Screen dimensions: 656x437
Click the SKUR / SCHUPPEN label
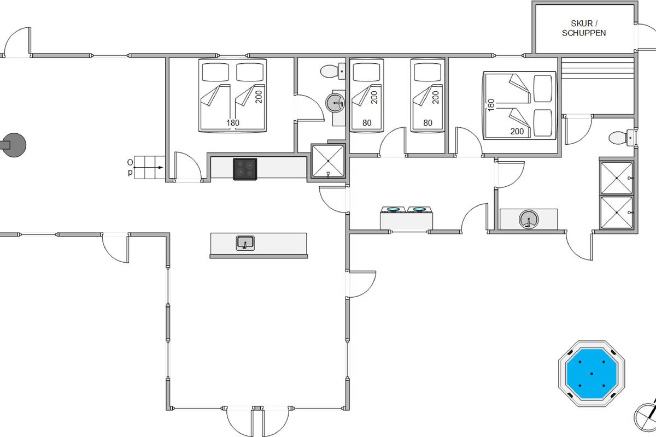[584, 28]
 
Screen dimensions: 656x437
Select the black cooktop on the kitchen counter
[245, 169]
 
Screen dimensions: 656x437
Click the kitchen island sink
[245, 243]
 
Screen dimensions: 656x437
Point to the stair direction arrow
[149, 167]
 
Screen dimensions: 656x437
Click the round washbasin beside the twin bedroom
[335, 103]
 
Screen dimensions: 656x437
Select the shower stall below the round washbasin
[328, 161]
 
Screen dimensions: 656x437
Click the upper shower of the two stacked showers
[617, 178]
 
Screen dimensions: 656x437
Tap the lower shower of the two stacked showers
[617, 212]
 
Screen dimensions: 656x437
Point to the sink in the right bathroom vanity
[529, 219]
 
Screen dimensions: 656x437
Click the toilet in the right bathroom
[622, 137]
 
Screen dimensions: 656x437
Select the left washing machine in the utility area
[393, 218]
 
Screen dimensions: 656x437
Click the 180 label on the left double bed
[233, 123]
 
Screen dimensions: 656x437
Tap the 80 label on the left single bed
[367, 123]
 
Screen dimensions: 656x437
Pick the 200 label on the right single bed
[436, 97]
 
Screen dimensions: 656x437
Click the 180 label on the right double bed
[491, 105]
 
